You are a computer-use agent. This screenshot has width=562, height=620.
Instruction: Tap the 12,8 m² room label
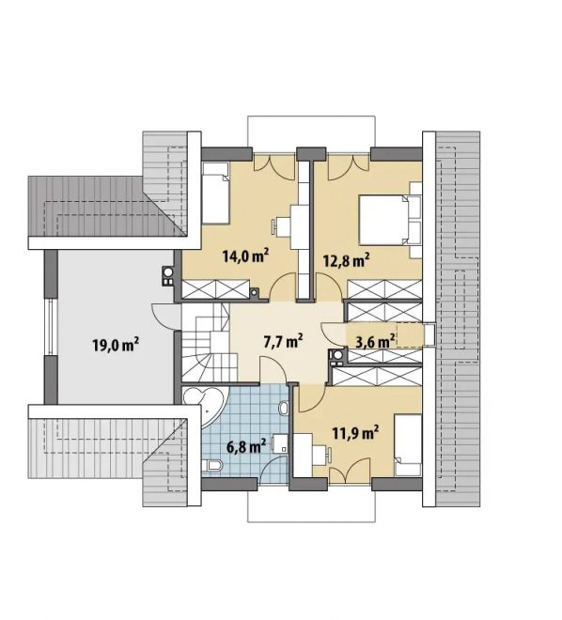pos(346,260)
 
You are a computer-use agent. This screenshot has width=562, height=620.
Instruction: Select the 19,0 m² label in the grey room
pos(116,345)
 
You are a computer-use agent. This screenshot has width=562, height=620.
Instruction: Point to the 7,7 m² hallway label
pos(283,340)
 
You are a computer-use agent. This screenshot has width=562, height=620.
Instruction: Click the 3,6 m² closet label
pos(375,341)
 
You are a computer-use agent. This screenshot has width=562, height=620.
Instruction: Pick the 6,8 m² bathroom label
pos(245,446)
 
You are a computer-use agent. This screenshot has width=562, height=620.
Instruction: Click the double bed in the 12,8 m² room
pos(390,220)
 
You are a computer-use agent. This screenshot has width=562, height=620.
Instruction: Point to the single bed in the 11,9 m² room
pos(408,445)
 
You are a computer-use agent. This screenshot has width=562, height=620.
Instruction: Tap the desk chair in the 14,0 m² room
pos(274,225)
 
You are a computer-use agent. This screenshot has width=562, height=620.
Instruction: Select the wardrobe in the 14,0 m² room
pos(215,289)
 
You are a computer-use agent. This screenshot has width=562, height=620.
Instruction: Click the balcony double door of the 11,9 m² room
pos(350,471)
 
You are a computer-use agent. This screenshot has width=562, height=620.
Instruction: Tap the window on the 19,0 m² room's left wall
pos(50,327)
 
